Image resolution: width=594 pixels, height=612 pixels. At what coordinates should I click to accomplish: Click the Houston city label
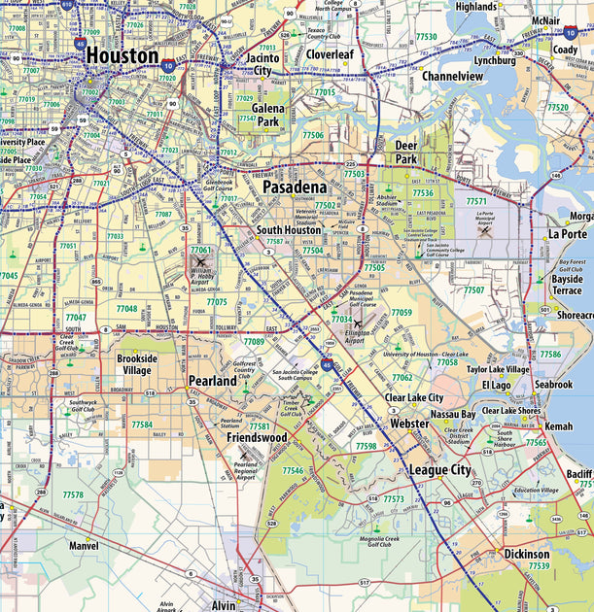coord(122,56)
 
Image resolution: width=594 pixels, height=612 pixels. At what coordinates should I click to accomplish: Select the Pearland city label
coord(212,381)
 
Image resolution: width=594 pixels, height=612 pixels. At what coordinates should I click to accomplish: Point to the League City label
coord(439,469)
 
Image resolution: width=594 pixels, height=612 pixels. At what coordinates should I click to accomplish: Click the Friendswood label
coord(257,438)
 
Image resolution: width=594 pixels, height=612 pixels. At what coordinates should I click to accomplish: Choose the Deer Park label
coord(406,152)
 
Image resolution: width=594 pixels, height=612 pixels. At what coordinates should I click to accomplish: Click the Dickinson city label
coord(526,554)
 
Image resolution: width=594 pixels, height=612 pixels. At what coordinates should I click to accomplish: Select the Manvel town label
coord(84,546)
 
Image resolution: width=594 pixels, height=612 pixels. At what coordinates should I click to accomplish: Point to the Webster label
coord(408,424)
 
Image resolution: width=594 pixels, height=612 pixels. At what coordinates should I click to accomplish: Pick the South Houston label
coord(289,230)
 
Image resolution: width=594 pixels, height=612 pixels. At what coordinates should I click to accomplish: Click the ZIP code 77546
coord(293,470)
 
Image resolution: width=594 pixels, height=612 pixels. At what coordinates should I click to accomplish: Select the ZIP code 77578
coord(73,494)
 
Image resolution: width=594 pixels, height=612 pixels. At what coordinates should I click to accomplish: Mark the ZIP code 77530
coord(426,36)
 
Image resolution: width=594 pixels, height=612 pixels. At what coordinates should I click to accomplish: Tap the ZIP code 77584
coord(142,425)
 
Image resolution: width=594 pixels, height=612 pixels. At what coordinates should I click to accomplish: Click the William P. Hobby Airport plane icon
coord(201,262)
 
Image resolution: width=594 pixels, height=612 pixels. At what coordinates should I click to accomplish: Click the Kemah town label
coord(559,426)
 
